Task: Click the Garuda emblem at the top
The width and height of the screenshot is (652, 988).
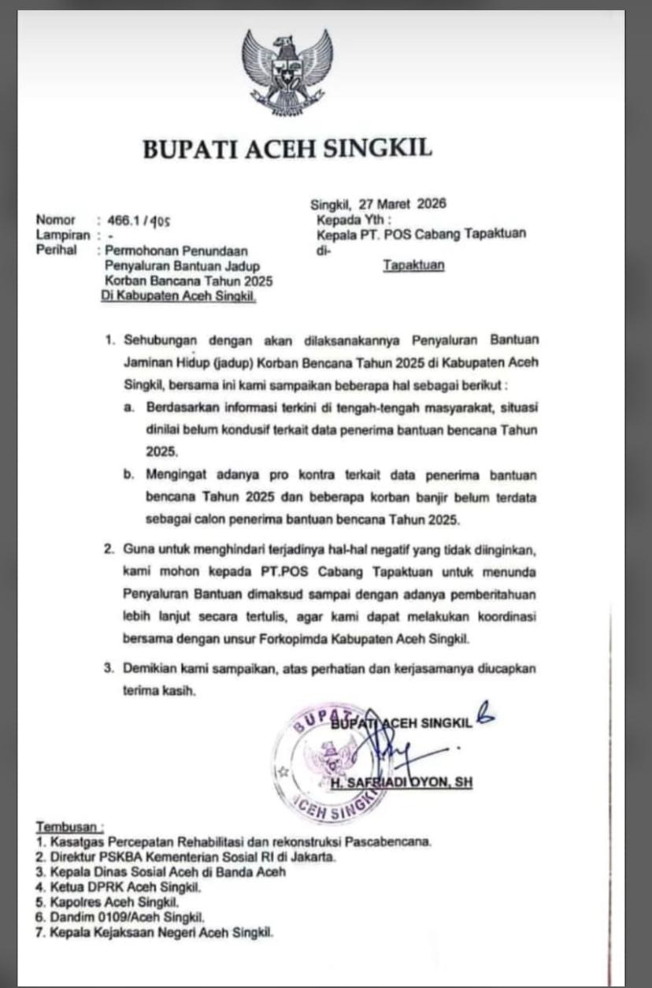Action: (287, 71)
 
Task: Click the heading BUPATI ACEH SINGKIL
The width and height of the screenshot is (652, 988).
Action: (287, 149)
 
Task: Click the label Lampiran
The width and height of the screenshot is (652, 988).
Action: (61, 236)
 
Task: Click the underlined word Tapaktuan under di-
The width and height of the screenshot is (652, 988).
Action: (413, 265)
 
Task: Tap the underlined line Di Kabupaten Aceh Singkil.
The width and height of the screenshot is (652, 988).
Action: (180, 296)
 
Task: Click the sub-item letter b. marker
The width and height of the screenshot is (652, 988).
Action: (128, 475)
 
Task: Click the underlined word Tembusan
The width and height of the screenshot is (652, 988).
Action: (69, 826)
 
